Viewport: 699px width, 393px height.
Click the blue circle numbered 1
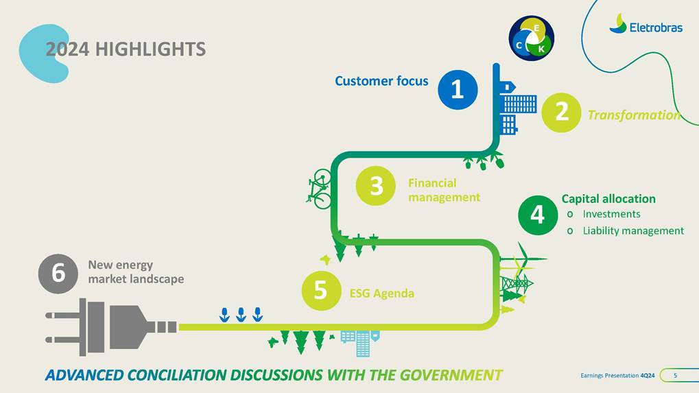pyautogui.click(x=458, y=90)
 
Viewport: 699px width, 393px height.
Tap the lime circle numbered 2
pyautogui.click(x=561, y=112)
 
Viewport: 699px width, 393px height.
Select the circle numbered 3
pyautogui.click(x=376, y=186)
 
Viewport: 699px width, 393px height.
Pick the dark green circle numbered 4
pyautogui.click(x=538, y=215)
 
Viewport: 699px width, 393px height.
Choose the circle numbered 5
pyautogui.click(x=322, y=291)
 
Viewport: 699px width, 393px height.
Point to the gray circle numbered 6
pyautogui.click(x=58, y=274)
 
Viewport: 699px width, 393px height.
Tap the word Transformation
pyautogui.click(x=634, y=115)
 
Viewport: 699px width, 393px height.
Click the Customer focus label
pyautogui.click(x=381, y=81)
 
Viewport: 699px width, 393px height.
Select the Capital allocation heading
pyautogui.click(x=608, y=199)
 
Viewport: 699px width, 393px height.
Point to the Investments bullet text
pyautogui.click(x=612, y=214)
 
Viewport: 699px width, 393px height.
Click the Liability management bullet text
pyautogui.click(x=633, y=231)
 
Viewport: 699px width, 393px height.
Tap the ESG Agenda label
pyautogui.click(x=382, y=293)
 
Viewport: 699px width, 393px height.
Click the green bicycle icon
pyautogui.click(x=319, y=189)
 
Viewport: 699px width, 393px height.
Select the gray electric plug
pyautogui.click(x=111, y=327)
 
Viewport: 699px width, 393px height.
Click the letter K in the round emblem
pyautogui.click(x=541, y=49)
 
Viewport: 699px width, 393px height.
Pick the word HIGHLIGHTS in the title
pyautogui.click(x=150, y=49)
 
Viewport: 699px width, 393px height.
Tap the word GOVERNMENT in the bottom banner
pyautogui.click(x=451, y=375)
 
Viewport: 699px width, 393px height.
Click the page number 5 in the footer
pyautogui.click(x=676, y=376)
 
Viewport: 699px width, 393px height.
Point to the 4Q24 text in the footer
pyautogui.click(x=648, y=376)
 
